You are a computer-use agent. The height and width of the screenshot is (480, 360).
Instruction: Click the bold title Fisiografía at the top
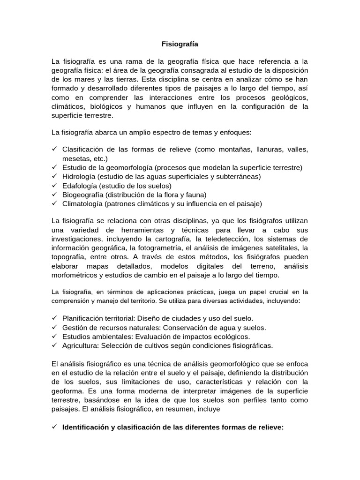click(x=180, y=44)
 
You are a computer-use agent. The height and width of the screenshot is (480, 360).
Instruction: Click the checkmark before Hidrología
click(x=54, y=176)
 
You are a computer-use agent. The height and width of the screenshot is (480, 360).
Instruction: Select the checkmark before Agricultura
click(x=54, y=345)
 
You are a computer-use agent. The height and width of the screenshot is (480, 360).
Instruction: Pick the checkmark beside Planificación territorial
click(x=54, y=318)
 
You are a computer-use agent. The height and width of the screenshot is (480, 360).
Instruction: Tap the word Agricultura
click(x=80, y=345)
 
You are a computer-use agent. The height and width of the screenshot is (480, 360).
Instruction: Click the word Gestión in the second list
click(x=75, y=327)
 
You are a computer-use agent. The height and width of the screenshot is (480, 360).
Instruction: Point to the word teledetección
click(x=202, y=239)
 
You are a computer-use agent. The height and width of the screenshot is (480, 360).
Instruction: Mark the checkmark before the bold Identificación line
click(x=54, y=427)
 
